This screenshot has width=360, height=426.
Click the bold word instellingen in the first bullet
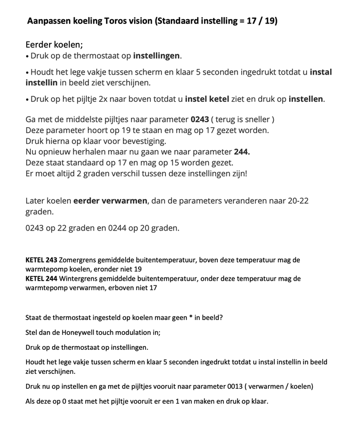(x=157, y=56)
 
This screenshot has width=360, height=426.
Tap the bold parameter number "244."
(x=241, y=152)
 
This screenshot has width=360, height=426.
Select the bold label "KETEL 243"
(x=42, y=260)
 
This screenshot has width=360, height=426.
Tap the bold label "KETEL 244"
(x=42, y=278)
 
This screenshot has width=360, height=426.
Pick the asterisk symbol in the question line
(x=191, y=318)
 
